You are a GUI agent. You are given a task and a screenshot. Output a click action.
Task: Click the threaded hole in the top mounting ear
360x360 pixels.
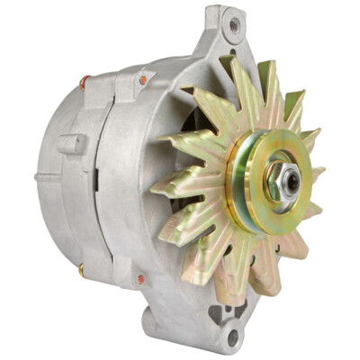pyautogui.click(x=233, y=26)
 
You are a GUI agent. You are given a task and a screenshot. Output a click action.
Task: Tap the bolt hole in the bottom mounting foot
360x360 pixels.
pyautogui.click(x=233, y=338)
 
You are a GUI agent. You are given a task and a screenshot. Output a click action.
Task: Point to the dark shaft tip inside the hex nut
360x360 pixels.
pyautogui.click(x=292, y=181)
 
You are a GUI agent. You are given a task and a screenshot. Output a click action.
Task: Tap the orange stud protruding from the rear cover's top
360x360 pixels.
pyautogui.click(x=84, y=83)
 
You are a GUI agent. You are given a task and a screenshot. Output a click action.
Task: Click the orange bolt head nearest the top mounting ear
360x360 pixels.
pyautogui.click(x=142, y=80)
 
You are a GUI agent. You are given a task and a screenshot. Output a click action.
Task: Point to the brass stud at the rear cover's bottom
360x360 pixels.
pyautogui.click(x=81, y=268)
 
